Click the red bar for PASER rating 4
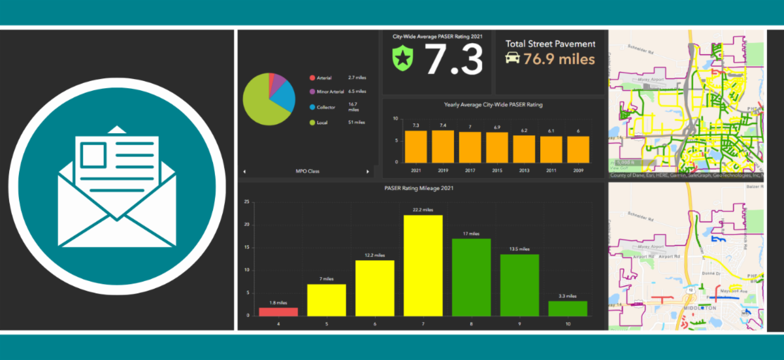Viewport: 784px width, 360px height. (x=278, y=312)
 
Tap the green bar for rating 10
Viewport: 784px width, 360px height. (x=568, y=308)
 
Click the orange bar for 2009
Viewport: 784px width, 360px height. (x=578, y=149)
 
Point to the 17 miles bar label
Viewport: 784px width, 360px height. (x=471, y=234)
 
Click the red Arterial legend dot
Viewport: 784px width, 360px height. (x=312, y=78)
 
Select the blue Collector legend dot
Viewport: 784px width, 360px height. (x=312, y=106)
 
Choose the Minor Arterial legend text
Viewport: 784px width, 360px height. (x=331, y=92)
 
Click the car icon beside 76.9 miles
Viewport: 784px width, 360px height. (x=513, y=58)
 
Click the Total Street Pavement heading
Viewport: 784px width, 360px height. (x=550, y=44)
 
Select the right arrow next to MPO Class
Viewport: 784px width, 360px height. (x=368, y=171)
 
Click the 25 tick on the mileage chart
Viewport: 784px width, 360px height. (x=246, y=202)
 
